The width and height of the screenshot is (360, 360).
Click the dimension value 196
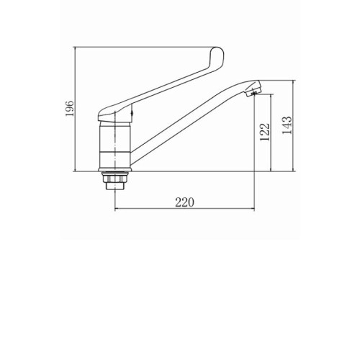click(70, 109)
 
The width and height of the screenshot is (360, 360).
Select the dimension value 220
click(184, 202)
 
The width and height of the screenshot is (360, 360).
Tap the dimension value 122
click(265, 132)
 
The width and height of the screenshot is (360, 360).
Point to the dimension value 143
click(287, 125)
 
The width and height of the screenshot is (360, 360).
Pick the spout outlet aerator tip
click(254, 91)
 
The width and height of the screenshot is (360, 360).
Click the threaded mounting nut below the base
click(115, 180)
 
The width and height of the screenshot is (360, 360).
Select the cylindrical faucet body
click(115, 145)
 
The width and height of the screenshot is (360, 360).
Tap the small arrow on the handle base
click(132, 114)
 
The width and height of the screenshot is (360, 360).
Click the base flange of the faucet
click(115, 170)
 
